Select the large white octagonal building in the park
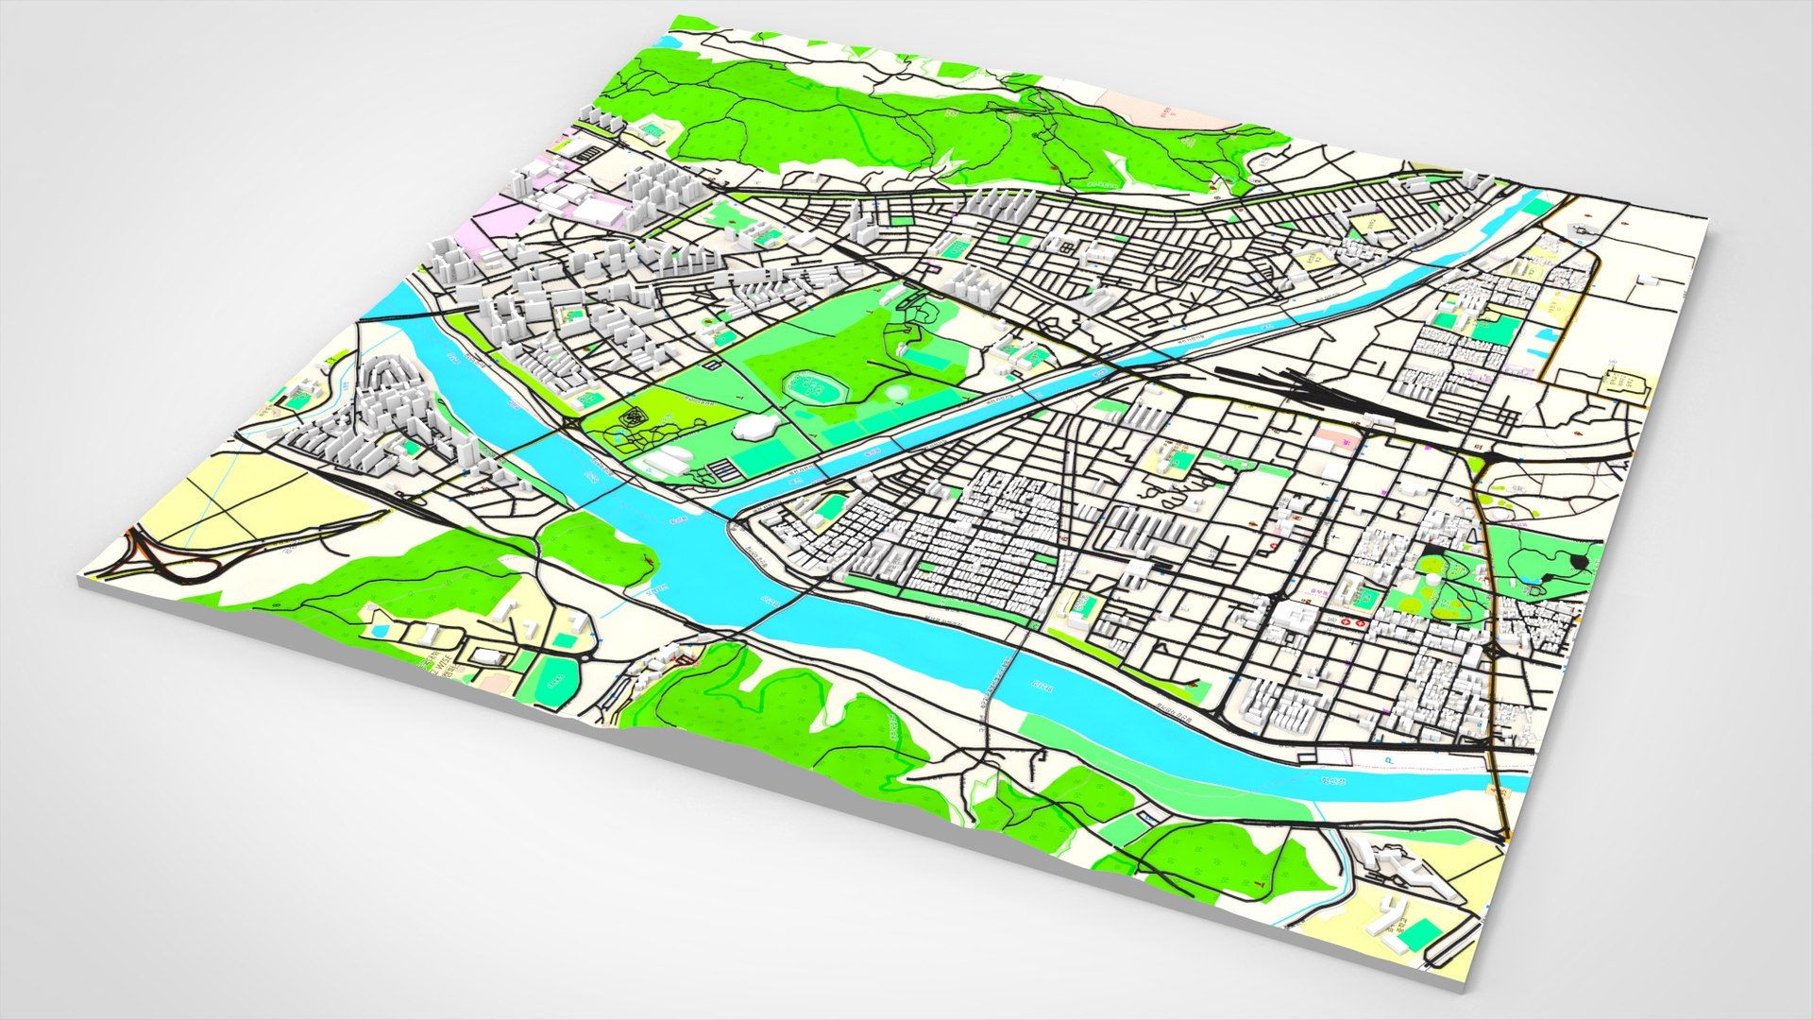[x=755, y=427]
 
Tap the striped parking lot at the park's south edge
[x=720, y=469]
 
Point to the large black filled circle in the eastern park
[x=1579, y=563]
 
